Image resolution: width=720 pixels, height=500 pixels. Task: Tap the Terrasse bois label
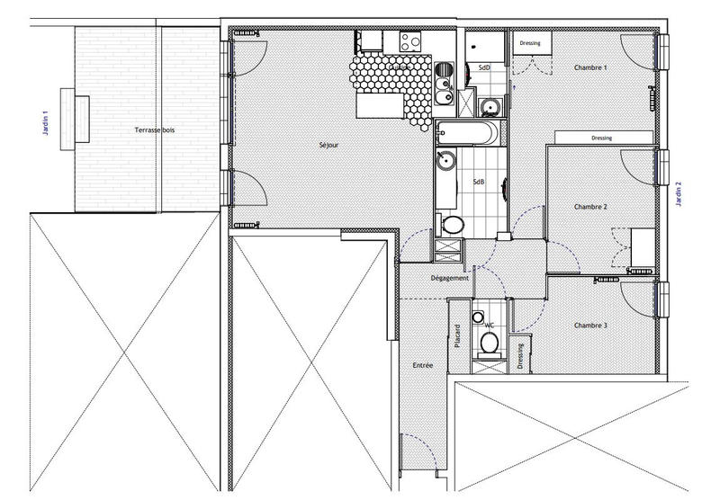[x=155, y=130]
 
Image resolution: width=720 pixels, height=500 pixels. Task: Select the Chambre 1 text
[x=590, y=68]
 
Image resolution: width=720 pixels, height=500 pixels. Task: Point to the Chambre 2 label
[x=590, y=207]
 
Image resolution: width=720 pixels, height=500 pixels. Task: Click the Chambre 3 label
[x=590, y=325]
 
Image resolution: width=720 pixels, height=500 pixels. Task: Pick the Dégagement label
[x=450, y=278]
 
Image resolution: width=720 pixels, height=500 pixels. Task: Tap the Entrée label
[x=423, y=366]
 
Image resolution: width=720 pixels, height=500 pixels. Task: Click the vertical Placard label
[x=458, y=336]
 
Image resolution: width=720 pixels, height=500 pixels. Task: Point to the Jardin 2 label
[x=679, y=194]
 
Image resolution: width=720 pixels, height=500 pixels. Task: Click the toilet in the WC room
[x=490, y=343]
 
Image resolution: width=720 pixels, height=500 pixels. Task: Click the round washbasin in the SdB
[x=445, y=162]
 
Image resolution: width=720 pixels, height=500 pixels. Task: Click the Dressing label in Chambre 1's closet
[x=528, y=42]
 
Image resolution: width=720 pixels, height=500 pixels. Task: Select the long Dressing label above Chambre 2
[x=602, y=138]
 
